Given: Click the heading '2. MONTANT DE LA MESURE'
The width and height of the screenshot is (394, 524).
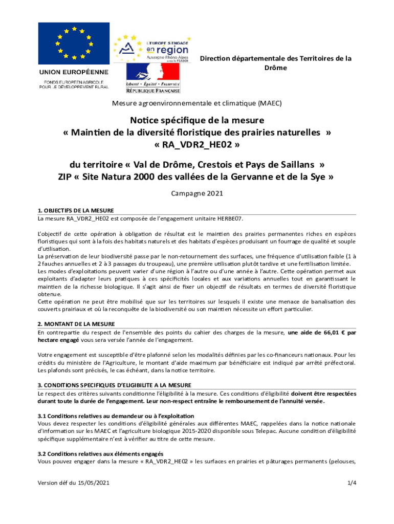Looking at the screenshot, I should coord(76,324).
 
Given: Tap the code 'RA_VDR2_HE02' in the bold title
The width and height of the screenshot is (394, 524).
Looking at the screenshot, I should coord(197,145).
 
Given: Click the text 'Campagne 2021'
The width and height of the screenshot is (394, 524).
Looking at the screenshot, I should coord(196,194).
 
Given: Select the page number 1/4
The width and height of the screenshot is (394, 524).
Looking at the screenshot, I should coord(351,483).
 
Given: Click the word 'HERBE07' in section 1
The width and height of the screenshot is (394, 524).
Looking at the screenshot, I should coord(229,219).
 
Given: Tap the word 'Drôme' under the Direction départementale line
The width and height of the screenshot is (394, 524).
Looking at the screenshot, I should coord(275,68).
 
